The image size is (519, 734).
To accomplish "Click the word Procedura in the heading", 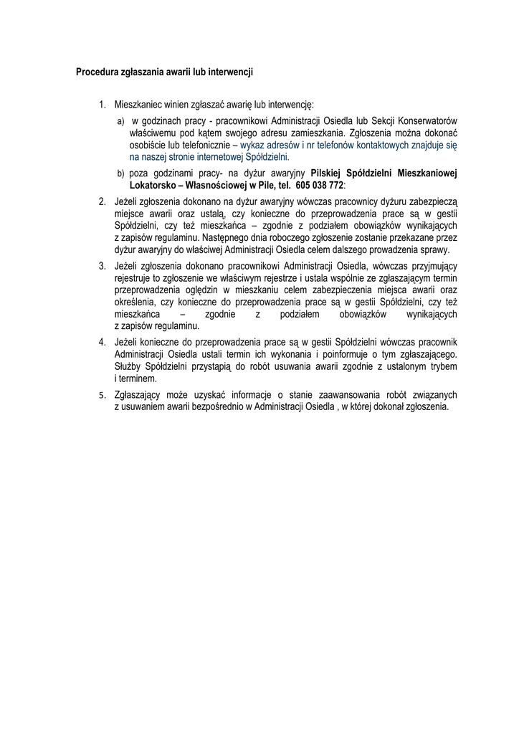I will point(96,72).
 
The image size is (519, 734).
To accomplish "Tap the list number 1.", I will point(103,105).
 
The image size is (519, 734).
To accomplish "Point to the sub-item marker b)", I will point(121,173).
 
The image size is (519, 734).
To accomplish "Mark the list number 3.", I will point(103,267).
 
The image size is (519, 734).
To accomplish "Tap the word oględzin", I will point(200,290).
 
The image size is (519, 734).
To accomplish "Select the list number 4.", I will point(103,340).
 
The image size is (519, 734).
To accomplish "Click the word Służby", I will point(128,366).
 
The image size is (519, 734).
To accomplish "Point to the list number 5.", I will point(103,394).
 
